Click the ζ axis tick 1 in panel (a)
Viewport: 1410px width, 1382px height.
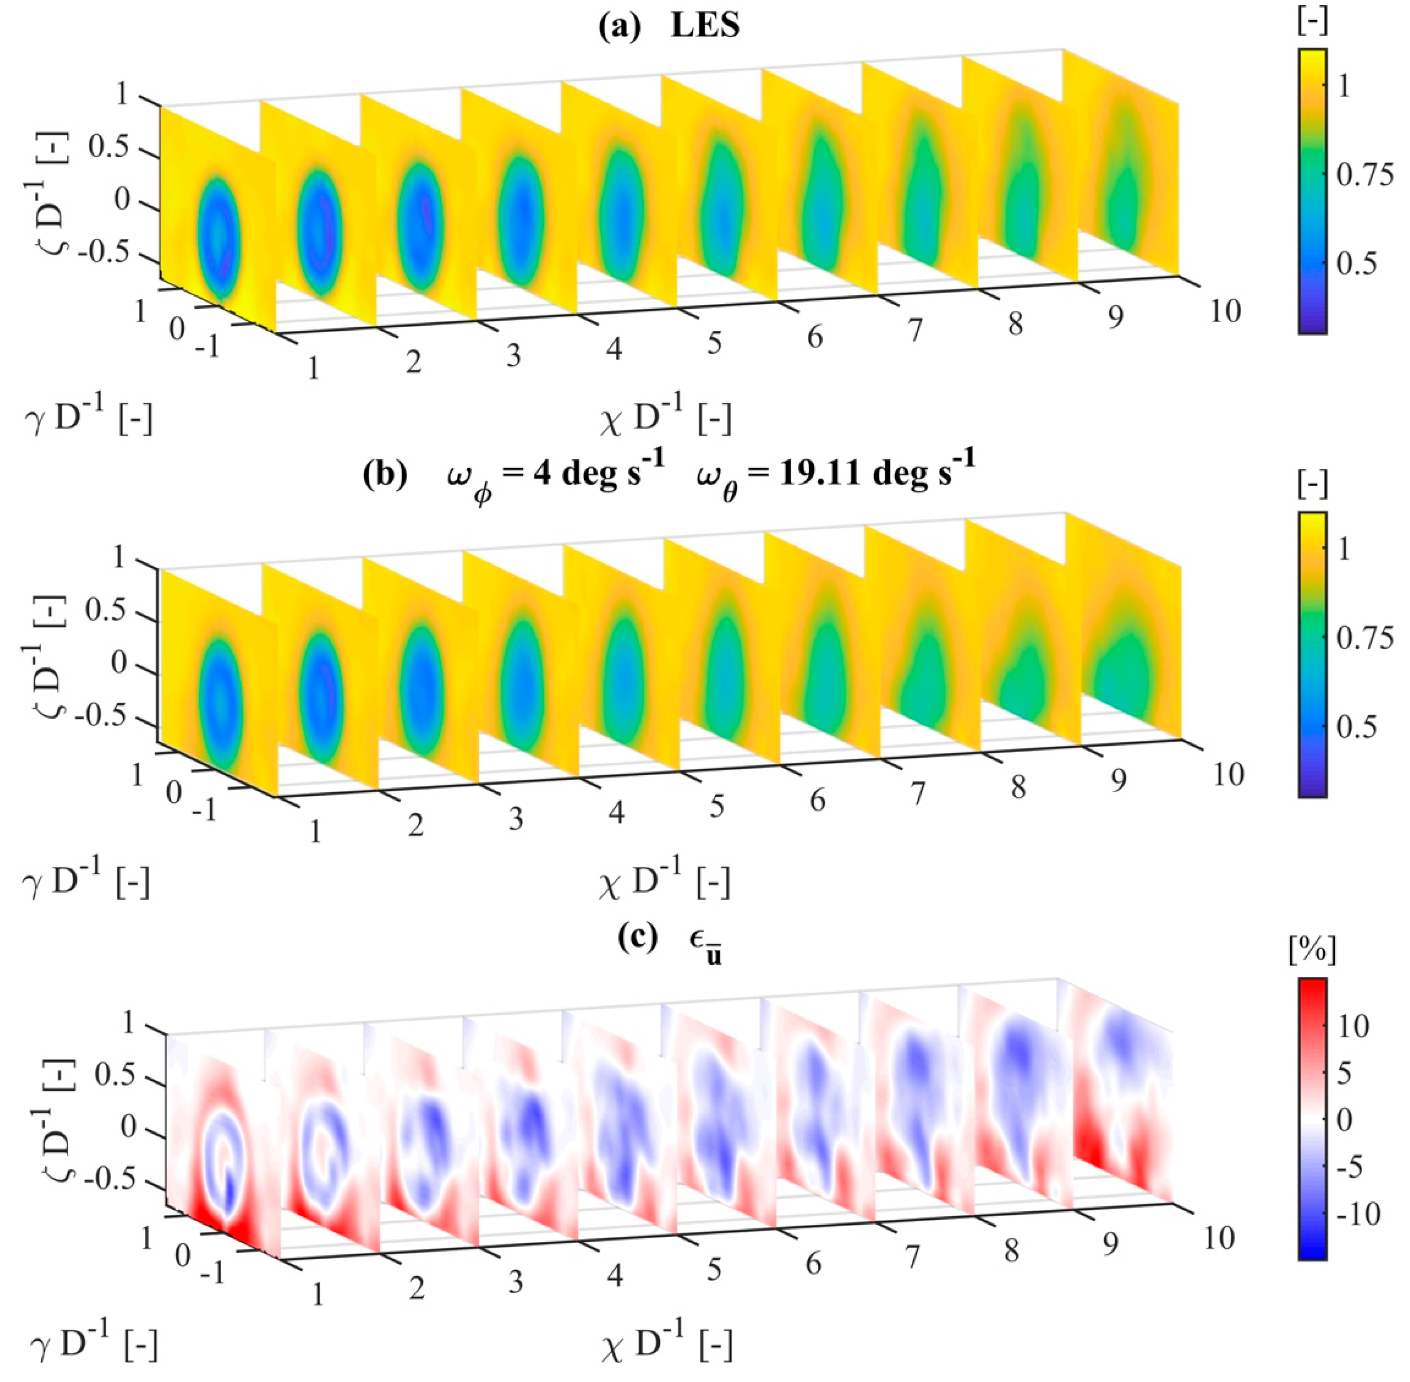click(121, 95)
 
